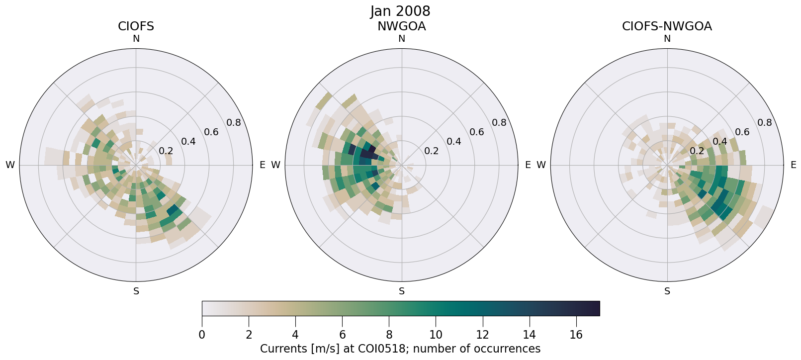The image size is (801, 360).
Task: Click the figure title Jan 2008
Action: pyautogui.click(x=400, y=11)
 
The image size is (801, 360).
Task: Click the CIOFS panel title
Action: pyautogui.click(x=136, y=26)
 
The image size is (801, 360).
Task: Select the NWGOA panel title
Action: pyautogui.click(x=401, y=26)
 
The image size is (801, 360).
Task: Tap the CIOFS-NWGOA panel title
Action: pyautogui.click(x=667, y=26)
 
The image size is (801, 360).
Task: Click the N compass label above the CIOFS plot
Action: pyautogui.click(x=136, y=39)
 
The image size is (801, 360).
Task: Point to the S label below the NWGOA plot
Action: pyautogui.click(x=402, y=291)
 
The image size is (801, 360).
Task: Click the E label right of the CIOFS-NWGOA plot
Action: pyautogui.click(x=793, y=165)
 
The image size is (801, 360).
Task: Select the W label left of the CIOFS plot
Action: pyautogui.click(x=10, y=165)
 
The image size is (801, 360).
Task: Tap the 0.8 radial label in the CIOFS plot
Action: pyautogui.click(x=234, y=123)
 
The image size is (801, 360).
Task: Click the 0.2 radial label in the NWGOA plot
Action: pyautogui.click(x=432, y=151)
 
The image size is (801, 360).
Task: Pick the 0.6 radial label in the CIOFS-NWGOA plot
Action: pyautogui.click(x=742, y=132)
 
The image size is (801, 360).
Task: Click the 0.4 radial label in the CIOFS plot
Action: pyautogui.click(x=188, y=142)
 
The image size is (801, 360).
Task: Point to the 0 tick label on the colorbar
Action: pyautogui.click(x=202, y=335)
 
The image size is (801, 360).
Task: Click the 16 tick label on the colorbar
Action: pyautogui.click(x=576, y=335)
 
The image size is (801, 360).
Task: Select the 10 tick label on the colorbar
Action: pyautogui.click(x=436, y=335)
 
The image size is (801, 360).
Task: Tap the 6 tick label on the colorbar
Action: pyautogui.click(x=342, y=335)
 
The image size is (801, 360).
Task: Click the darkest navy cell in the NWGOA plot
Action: pyautogui.click(x=370, y=149)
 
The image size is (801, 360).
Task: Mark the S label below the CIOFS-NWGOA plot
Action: pyautogui.click(x=667, y=291)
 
